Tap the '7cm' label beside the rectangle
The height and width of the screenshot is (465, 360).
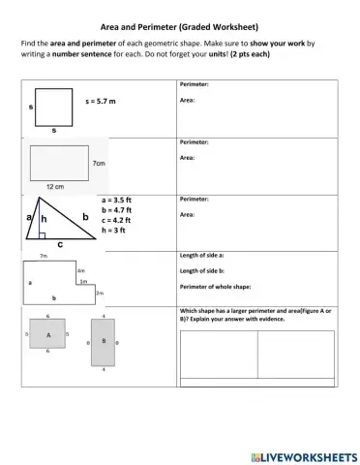click(x=99, y=165)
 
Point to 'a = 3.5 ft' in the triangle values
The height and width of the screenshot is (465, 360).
click(x=119, y=200)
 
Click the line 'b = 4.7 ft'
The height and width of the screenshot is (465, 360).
click(x=119, y=210)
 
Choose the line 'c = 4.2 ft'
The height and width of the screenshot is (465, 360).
click(x=119, y=220)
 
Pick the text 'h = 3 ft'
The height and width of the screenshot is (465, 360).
click(x=116, y=231)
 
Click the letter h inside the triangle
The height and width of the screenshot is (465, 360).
click(x=44, y=220)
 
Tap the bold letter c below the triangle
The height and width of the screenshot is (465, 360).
click(x=60, y=245)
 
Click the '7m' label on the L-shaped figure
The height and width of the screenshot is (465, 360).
click(x=44, y=256)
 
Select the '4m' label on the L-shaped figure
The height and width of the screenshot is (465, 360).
click(x=81, y=271)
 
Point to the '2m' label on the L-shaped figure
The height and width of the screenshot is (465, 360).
click(x=100, y=292)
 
